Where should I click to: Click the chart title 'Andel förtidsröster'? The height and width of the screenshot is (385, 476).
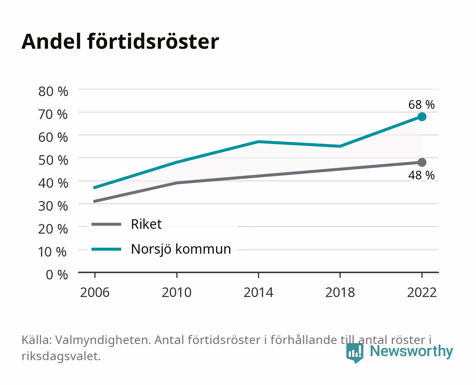(x=120, y=41)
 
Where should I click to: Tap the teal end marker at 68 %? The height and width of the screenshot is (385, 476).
(x=422, y=117)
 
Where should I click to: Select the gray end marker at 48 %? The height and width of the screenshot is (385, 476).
(x=422, y=162)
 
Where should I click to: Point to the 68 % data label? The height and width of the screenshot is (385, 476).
(x=421, y=105)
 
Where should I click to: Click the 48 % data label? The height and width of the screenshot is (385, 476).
(x=421, y=175)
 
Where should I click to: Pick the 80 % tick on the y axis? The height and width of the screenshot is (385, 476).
(x=53, y=92)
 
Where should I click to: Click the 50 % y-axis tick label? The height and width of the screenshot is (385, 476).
(x=53, y=160)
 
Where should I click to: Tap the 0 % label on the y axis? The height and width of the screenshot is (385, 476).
(x=57, y=274)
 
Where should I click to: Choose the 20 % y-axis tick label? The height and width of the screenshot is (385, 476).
(x=53, y=229)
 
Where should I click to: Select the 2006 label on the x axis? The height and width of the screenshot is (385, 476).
(x=95, y=292)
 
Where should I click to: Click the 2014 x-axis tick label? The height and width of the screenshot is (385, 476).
(x=258, y=292)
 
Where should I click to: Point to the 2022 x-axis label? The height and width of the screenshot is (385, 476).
(x=422, y=292)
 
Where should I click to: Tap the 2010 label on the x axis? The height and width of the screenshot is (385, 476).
(x=177, y=292)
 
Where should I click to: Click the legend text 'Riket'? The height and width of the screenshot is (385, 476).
(x=146, y=224)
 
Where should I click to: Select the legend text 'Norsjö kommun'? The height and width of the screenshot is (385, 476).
(x=181, y=249)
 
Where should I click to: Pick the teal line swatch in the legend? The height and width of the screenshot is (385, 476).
(x=107, y=249)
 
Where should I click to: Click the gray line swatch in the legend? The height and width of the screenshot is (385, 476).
(x=107, y=224)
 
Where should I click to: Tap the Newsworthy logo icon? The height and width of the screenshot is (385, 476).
(x=355, y=353)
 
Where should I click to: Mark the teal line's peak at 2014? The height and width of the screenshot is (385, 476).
(x=258, y=142)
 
